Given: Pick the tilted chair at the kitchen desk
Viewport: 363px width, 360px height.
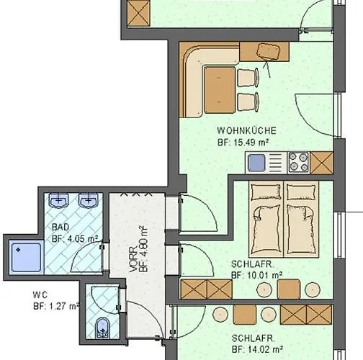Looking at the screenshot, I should point(271,51).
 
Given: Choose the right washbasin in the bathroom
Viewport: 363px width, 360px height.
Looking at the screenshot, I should point(89,199).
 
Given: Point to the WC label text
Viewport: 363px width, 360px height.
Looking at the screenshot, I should point(40,294).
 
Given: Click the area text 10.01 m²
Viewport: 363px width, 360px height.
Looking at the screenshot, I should point(266,274).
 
